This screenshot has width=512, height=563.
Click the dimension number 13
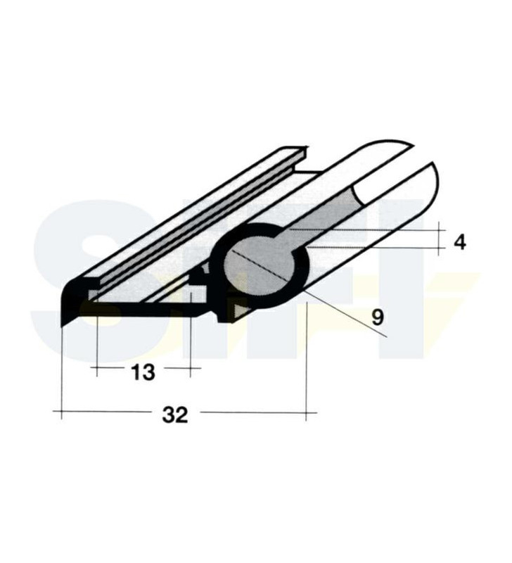click(143, 372)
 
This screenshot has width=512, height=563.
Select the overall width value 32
click(175, 415)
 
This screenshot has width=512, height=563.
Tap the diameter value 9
click(378, 317)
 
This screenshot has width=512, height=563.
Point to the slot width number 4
click(459, 242)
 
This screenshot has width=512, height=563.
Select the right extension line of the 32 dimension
click(307, 359)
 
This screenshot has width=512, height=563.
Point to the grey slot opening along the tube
click(331, 218)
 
